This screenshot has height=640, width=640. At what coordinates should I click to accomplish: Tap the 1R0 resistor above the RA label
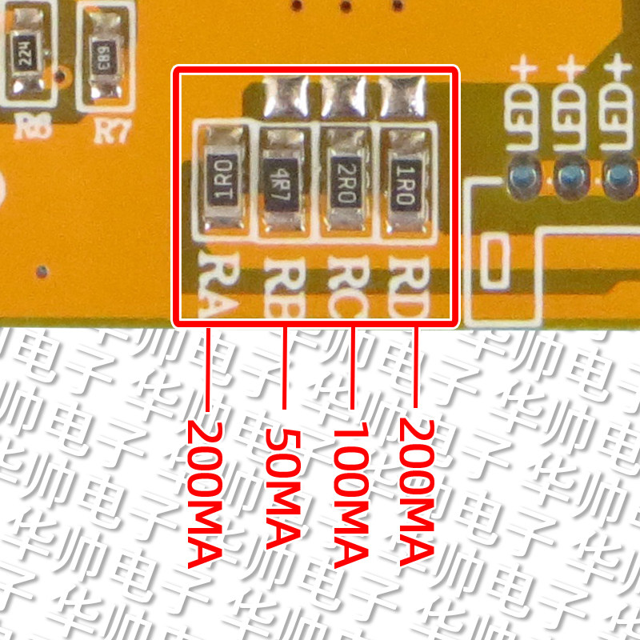click(x=222, y=179)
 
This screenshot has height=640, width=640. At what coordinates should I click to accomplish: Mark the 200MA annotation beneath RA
click(x=206, y=491)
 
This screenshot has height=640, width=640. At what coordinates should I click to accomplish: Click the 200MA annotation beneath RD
click(x=416, y=491)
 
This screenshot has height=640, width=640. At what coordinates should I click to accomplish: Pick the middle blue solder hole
click(x=570, y=174)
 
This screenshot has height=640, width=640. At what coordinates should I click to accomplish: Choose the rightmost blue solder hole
click(x=617, y=174)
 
